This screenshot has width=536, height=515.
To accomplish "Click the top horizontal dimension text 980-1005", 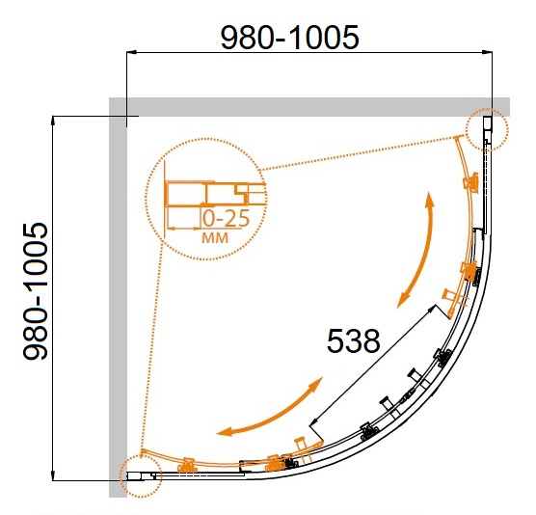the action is coord(290,38).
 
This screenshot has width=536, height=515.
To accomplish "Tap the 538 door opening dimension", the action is coord(353,341).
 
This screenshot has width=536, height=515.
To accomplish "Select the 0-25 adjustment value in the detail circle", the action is coord(226,218).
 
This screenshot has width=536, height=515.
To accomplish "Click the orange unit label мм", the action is coord(215,237).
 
